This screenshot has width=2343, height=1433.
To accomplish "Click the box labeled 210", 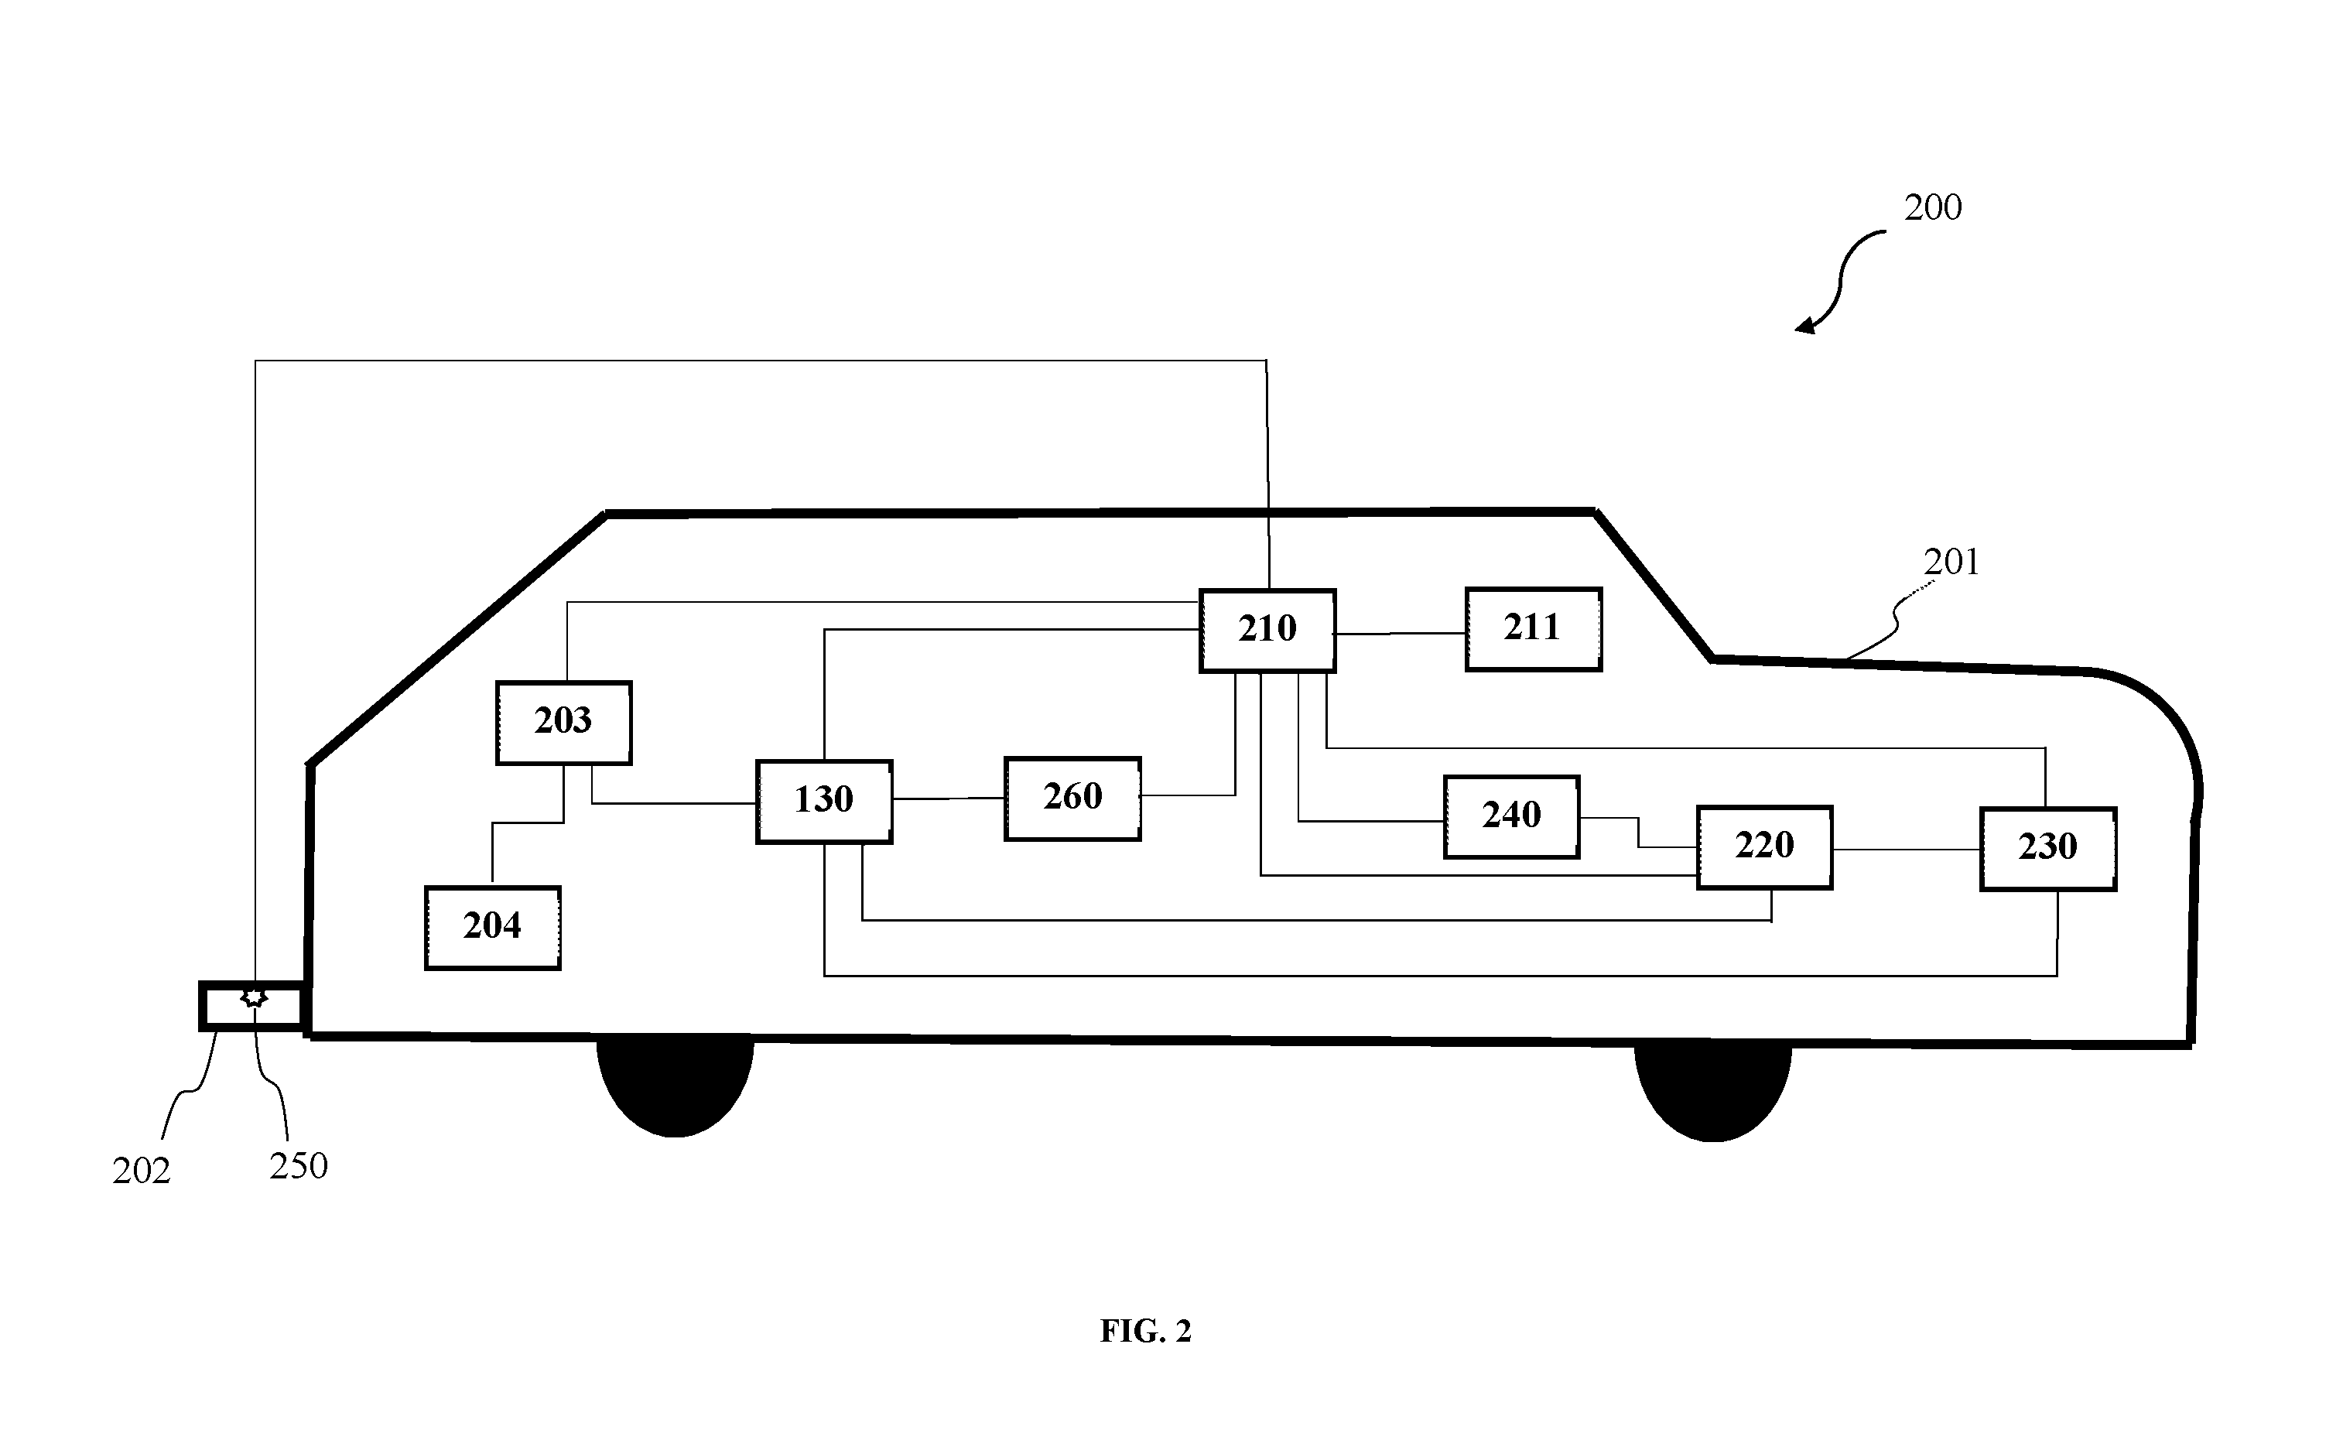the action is point(1267,631).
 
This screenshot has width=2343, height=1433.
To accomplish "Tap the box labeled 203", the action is point(564,722).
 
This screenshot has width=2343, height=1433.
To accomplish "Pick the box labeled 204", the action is point(493,927).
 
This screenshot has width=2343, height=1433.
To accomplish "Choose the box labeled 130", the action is point(824,801).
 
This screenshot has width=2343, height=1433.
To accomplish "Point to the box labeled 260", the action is point(1072,798).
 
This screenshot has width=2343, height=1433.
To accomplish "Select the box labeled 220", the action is point(1765,846).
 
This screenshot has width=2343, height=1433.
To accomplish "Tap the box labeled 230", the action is point(2048,848).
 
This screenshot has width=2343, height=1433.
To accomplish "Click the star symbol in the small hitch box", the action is point(254,997).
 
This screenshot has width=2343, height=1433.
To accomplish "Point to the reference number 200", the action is point(1932,207).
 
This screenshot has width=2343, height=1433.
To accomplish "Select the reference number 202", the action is point(142,1171).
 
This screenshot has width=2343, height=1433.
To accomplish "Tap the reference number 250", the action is point(299,1166).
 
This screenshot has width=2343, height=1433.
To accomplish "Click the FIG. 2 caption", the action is point(1146,1332).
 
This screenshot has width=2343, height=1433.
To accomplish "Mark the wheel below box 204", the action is point(676,1085).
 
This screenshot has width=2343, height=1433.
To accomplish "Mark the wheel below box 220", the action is point(1713,1091).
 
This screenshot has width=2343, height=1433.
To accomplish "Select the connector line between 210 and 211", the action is point(1401,632).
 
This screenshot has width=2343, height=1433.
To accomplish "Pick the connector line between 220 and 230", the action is point(1907,849).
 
